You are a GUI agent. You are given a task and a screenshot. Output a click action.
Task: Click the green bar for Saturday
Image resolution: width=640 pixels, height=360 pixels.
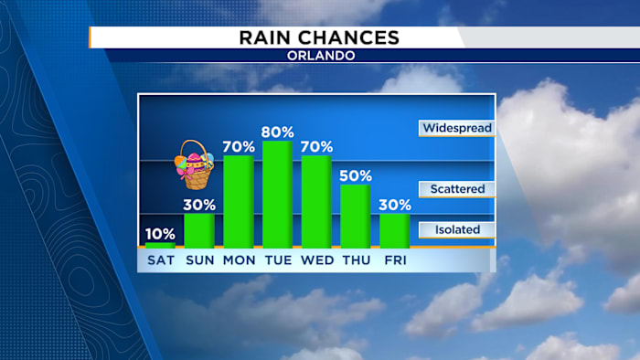coord(160,244)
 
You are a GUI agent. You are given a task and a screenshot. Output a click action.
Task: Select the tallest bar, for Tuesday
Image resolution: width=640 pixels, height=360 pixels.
coord(277,194)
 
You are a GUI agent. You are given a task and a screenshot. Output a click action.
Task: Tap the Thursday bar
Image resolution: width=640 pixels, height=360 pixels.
coord(356,216)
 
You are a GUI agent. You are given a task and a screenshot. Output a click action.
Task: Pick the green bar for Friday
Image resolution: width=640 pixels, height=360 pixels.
coord(395,230)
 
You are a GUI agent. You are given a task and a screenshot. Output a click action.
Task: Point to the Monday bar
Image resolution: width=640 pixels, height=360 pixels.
coord(239,201)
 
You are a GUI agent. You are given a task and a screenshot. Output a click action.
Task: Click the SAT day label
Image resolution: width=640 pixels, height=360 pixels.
coord(160,260)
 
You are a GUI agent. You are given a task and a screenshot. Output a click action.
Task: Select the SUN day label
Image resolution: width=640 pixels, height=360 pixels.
coord(199,260)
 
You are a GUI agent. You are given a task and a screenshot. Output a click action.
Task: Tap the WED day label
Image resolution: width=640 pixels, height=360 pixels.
coord(316,260)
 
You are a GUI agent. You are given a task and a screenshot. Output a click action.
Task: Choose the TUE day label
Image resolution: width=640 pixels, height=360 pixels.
coord(277,260)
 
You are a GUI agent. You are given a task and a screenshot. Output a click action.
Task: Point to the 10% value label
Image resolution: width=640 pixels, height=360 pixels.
coord(160,233)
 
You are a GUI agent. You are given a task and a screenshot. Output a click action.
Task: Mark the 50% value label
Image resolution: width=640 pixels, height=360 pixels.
coord(356,175)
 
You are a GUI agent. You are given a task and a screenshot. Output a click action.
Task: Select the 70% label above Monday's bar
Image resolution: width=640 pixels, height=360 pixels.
coord(239,146)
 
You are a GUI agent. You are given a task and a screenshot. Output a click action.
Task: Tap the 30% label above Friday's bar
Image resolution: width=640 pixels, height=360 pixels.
coord(395,205)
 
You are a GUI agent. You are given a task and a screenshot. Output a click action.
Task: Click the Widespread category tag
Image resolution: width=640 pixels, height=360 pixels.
coord(456,128)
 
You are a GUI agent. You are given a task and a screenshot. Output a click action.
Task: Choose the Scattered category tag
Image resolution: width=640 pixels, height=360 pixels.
coord(456,189)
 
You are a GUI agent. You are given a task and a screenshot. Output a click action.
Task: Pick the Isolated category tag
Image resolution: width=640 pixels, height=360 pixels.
coord(456,230)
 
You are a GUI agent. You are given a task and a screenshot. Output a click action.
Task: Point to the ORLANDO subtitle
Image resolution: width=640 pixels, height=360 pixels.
coord(319,56)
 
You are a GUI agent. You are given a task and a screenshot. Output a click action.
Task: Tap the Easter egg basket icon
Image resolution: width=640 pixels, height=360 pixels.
coord(193,164)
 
